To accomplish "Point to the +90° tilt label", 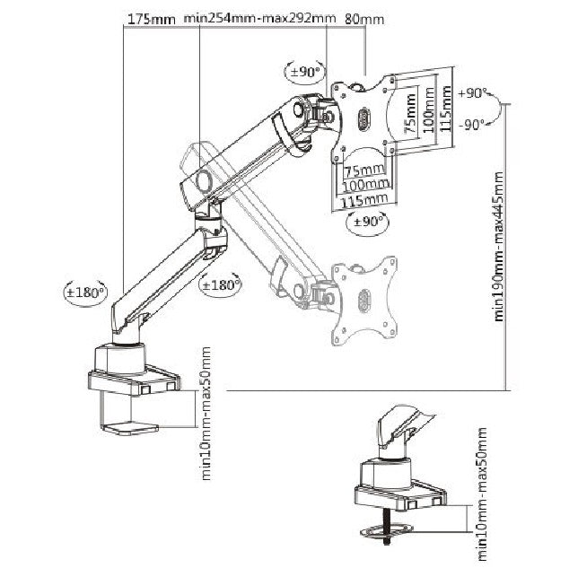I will [472, 92].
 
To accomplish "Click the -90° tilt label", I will [472, 124].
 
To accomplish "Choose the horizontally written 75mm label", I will [364, 170].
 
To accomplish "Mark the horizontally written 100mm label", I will [364, 184].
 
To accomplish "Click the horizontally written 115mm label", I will [364, 199].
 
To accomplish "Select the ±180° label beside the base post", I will [86, 292].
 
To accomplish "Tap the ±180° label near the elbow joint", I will [221, 285].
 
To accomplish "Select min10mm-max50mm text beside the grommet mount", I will [484, 489].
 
